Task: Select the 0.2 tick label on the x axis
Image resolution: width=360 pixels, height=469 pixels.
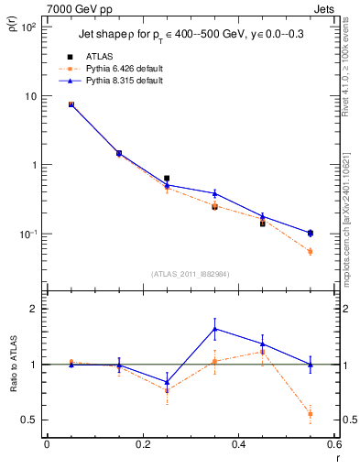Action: click(142, 444)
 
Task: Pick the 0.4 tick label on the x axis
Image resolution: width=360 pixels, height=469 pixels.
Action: click(238, 444)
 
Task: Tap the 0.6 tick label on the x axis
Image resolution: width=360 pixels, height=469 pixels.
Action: click(333, 444)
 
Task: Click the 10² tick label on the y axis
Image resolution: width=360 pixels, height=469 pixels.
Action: click(27, 27)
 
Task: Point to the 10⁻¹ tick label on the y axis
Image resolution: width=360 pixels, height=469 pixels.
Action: click(27, 234)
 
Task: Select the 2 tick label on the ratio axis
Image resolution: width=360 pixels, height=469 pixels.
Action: click(35, 309)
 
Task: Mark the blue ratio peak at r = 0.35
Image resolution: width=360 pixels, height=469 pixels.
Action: click(214, 329)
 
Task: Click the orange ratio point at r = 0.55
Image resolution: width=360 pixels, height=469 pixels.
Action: click(311, 414)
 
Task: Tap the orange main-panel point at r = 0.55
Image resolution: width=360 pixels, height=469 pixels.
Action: click(311, 251)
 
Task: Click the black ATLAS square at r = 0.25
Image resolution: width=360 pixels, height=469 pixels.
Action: click(167, 179)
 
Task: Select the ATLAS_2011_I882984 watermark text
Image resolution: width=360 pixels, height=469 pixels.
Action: click(190, 275)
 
